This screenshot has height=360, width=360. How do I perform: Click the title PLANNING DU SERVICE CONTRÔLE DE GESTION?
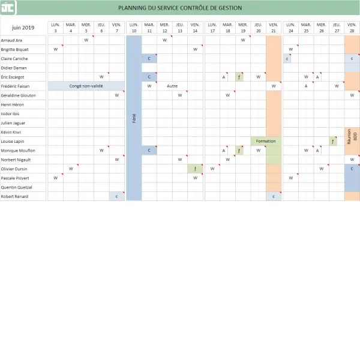180,8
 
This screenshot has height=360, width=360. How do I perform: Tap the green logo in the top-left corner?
8,8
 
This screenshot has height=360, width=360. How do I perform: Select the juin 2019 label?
23,28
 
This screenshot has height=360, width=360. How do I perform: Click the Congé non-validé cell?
86,86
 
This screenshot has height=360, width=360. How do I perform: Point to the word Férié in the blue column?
134,118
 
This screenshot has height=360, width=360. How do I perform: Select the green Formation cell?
266,141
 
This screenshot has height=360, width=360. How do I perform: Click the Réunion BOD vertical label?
352,136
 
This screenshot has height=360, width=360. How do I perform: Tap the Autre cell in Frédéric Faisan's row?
172,86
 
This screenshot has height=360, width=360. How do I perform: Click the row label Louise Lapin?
13,141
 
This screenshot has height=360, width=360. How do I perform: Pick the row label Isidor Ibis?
11,113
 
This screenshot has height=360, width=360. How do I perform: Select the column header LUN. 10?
134,28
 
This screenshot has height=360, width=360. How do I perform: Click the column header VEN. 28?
352,28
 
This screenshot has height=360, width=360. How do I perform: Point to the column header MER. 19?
242,28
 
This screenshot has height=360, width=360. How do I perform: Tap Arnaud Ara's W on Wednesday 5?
86,40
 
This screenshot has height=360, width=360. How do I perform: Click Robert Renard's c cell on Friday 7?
116,196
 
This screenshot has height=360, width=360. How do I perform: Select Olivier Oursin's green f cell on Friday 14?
195,169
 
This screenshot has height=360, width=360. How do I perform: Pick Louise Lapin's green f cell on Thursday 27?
333,141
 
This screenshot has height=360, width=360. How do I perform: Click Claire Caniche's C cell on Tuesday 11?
149,58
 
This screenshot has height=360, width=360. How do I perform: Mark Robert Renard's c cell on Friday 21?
274,196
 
